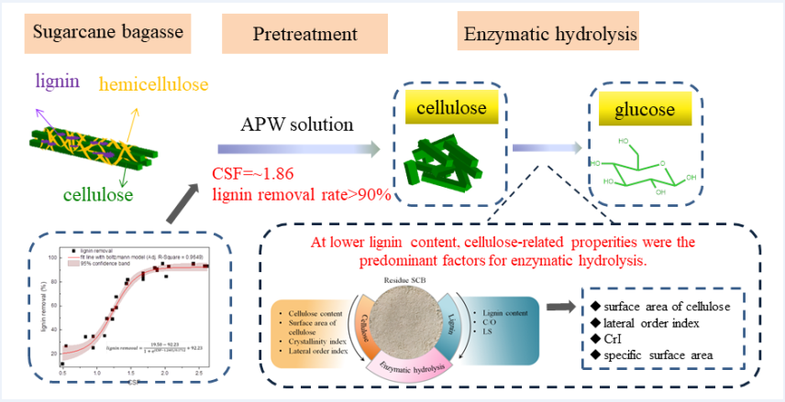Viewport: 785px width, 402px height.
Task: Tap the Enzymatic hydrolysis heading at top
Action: tap(548, 36)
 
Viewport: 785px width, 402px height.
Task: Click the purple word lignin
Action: tap(58, 81)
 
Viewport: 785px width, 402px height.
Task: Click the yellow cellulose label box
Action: tap(449, 108)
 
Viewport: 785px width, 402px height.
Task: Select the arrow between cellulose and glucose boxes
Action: tap(547, 147)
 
